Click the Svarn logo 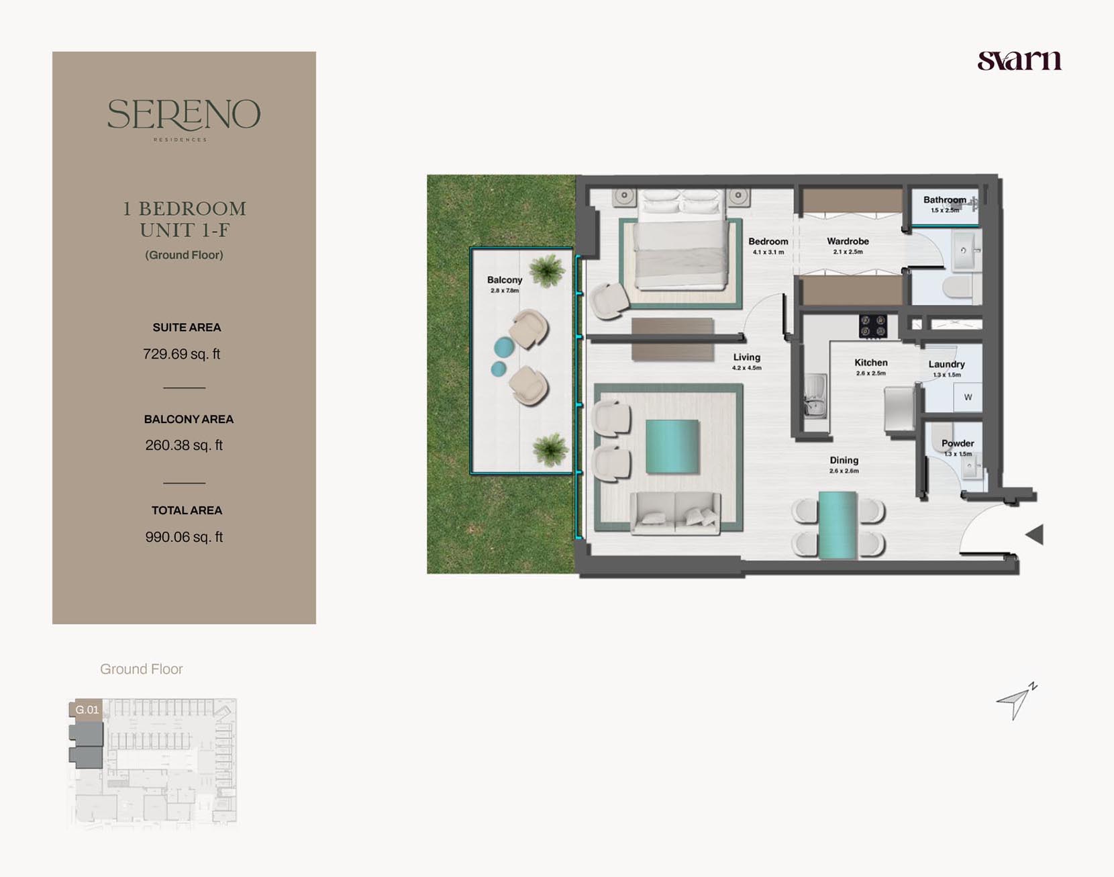1019,60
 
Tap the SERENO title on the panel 184,115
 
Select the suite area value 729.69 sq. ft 181,354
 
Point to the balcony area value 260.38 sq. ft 184,445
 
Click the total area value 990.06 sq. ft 184,537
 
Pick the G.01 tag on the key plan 87,710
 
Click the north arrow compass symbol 1017,701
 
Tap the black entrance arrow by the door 1034,535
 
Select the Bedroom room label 768,242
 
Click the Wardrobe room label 848,241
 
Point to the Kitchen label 871,363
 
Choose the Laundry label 946,365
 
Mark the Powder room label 958,443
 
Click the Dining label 844,460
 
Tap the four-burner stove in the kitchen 873,326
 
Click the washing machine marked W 968,397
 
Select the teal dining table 838,525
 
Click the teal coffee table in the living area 672,447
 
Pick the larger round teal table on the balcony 504,347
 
